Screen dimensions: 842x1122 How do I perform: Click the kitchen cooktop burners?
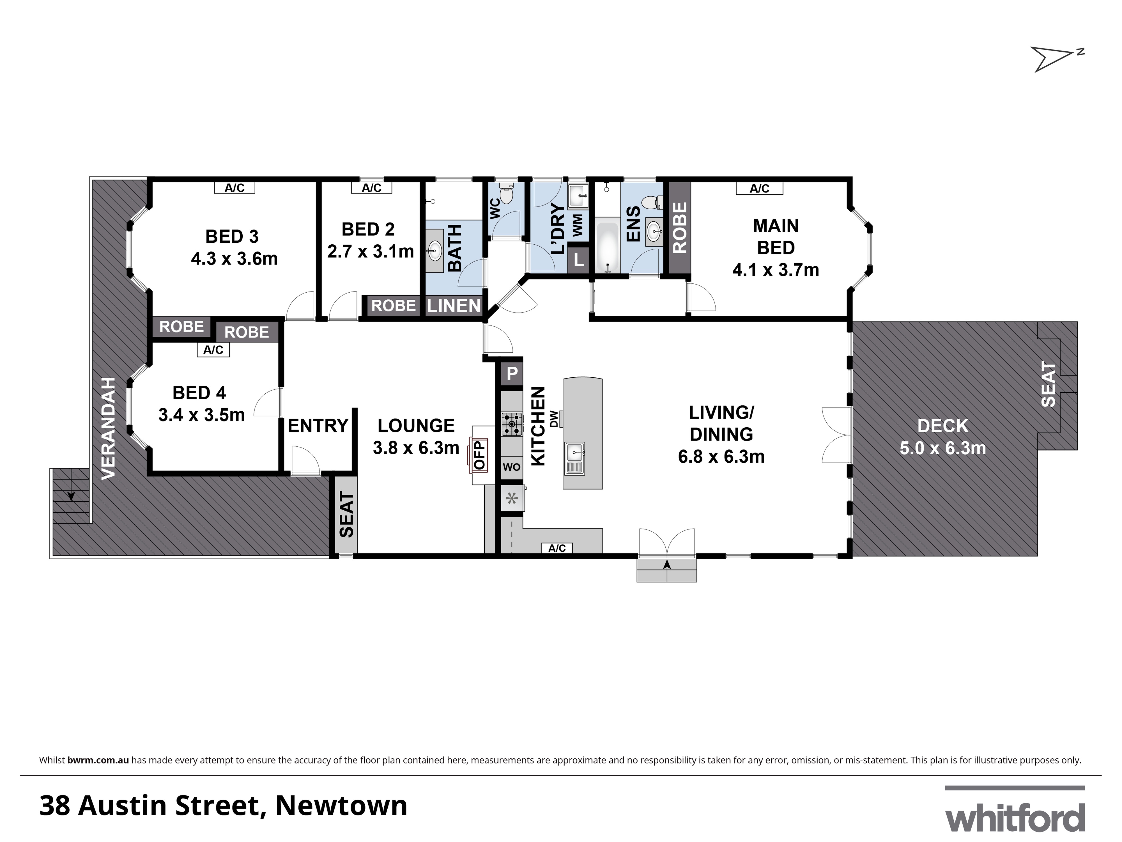[x=512, y=424]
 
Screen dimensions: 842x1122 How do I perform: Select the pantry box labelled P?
[x=512, y=374]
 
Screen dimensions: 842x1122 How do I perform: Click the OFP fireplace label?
[x=479, y=455]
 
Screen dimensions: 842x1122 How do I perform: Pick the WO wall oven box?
[x=512, y=467]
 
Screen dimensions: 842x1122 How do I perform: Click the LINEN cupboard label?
[x=454, y=306]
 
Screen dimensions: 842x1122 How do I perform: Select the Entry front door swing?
[x=305, y=461]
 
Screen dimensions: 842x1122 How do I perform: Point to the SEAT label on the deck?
[x=1048, y=384]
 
